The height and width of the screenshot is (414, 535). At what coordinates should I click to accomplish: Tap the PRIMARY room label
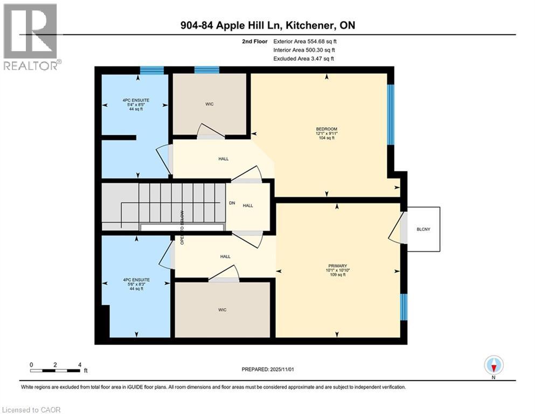[x=335, y=265]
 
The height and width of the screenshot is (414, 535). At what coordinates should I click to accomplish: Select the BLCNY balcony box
[x=423, y=229]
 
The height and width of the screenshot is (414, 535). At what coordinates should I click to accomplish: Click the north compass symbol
[x=494, y=366]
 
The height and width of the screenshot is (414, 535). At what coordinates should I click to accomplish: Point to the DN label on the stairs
[x=232, y=204]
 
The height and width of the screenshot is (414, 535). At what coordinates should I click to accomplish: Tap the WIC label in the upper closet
[x=210, y=104]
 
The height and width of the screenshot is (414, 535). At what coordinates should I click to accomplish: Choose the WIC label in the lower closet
[x=221, y=310]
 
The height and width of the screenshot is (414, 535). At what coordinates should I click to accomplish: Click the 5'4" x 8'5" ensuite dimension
[x=132, y=105]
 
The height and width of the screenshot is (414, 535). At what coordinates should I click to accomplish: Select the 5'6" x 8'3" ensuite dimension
[x=132, y=284]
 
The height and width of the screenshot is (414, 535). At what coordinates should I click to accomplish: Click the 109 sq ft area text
[x=335, y=275]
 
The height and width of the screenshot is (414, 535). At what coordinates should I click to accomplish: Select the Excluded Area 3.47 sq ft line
[x=303, y=58]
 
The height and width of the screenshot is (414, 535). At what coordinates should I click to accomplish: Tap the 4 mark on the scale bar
[x=80, y=364]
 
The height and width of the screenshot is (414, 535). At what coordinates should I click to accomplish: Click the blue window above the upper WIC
[x=206, y=70]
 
